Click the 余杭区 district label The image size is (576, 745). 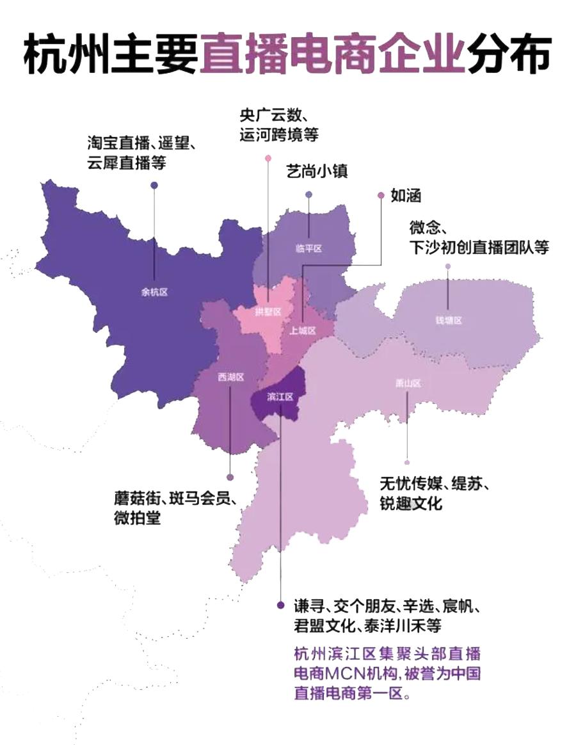154,292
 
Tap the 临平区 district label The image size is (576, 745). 308,248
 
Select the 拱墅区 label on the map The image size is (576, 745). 268,312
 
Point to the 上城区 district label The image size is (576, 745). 303,331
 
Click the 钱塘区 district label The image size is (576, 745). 448,320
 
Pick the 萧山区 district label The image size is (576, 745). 408,383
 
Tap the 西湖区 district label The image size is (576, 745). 230,377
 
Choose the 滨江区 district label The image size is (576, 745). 280,397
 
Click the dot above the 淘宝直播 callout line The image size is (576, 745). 154,186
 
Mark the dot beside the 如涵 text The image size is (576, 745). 381,195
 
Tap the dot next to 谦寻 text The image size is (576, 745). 280,605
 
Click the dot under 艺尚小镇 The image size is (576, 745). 308,195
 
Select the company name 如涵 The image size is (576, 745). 406,196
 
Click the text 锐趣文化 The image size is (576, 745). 410,503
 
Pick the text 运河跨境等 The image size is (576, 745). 278,135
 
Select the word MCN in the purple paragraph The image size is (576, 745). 350,674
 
